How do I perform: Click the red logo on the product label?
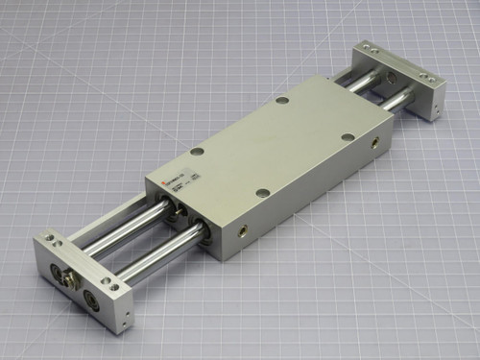(x=164, y=185)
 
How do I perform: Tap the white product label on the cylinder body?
(x=178, y=181)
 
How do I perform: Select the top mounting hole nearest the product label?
(x=197, y=152)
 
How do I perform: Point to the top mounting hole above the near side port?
(x=262, y=192)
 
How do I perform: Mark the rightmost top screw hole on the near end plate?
(x=114, y=284)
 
